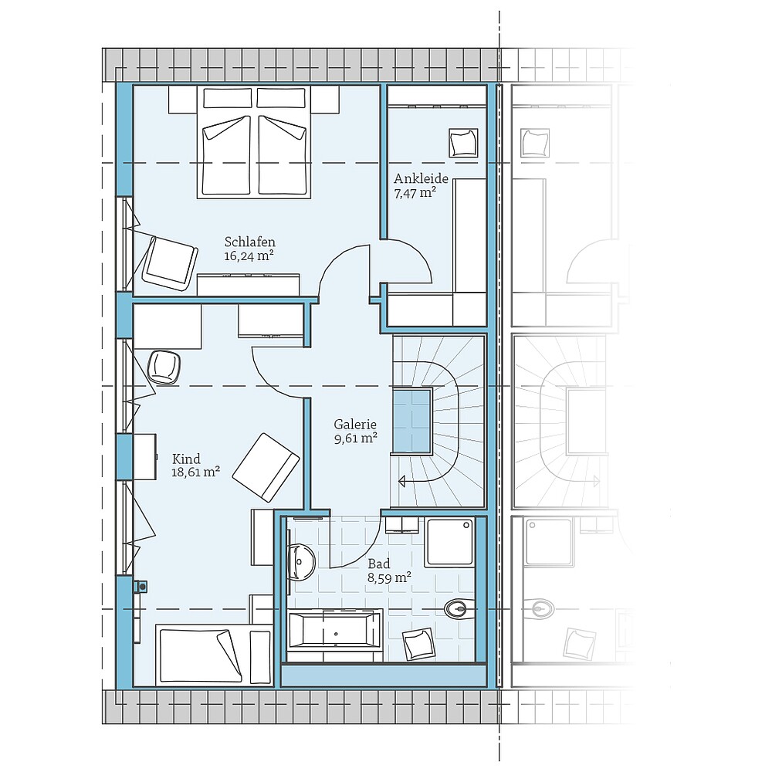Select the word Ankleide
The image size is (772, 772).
click(x=420, y=178)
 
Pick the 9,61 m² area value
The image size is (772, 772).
click(x=355, y=438)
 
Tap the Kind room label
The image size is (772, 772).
click(x=186, y=459)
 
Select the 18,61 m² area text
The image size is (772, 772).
click(x=195, y=472)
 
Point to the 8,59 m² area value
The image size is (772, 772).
click(x=389, y=577)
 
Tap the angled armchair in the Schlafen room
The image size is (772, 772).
click(x=169, y=261)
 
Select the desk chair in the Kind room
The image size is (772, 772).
click(x=164, y=366)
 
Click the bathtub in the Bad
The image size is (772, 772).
click(x=334, y=629)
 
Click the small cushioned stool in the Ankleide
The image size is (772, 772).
click(x=463, y=142)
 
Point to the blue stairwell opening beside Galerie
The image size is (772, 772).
click(x=412, y=421)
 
